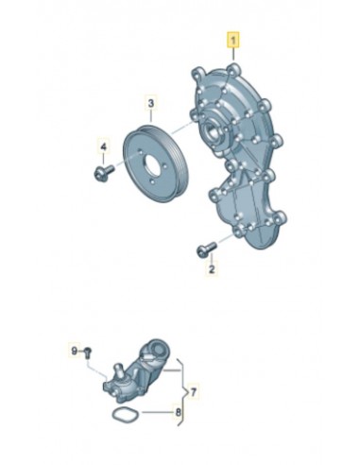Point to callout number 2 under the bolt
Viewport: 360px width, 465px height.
(212, 269)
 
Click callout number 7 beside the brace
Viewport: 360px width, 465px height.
(193, 389)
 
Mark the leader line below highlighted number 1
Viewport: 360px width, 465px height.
(231, 54)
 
